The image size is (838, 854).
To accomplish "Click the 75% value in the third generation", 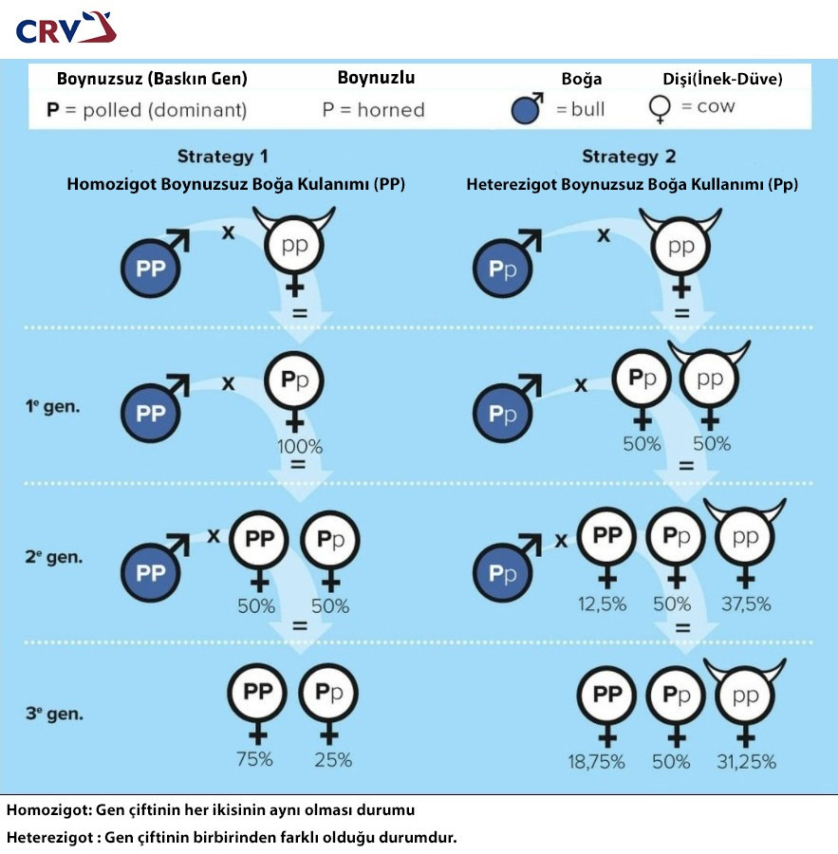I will pyautogui.click(x=254, y=759).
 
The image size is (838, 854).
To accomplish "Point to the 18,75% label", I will pyautogui.click(x=602, y=761).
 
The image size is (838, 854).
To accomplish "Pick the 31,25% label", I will pyautogui.click(x=746, y=761).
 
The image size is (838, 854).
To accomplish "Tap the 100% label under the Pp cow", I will pyautogui.click(x=299, y=445).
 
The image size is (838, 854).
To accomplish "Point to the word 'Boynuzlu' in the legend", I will pyautogui.click(x=376, y=78).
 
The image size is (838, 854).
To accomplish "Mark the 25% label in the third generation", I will pyautogui.click(x=333, y=759).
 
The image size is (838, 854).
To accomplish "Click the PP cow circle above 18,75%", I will pyautogui.click(x=607, y=696).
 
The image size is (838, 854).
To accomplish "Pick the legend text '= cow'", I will pyautogui.click(x=708, y=106).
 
